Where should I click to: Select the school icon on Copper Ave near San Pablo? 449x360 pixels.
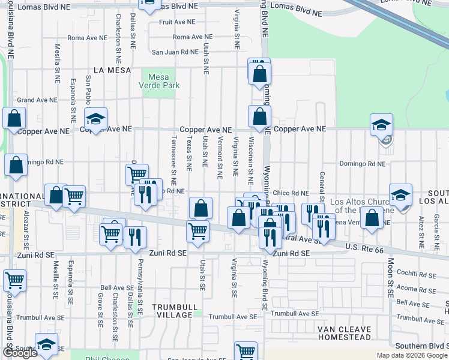tap(95, 118)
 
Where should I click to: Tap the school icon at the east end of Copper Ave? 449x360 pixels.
tap(381, 125)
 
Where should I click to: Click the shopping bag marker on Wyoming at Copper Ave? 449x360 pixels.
tap(259, 117)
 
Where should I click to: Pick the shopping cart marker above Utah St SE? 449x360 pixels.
tap(197, 231)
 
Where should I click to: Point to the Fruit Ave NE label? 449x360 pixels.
tap(178, 22)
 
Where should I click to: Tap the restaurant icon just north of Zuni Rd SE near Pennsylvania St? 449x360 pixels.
tap(136, 237)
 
